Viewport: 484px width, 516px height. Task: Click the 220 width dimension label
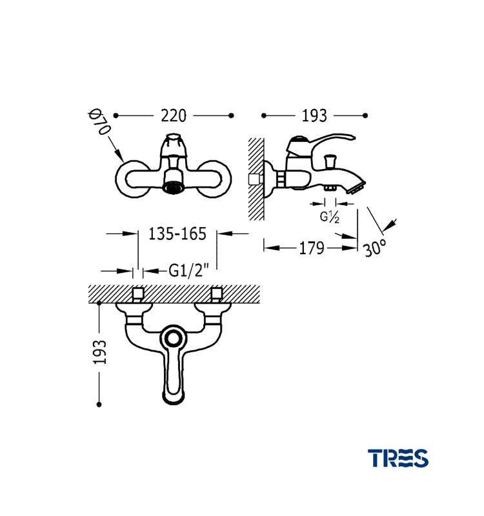(174, 116)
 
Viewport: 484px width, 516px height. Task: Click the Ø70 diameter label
(99, 122)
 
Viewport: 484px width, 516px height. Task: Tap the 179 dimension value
(312, 248)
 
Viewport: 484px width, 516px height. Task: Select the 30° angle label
(375, 248)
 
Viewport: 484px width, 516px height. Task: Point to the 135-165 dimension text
(177, 234)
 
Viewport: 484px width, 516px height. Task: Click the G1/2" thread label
(189, 271)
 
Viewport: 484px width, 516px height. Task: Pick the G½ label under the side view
(329, 217)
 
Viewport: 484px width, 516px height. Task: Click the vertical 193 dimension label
(100, 352)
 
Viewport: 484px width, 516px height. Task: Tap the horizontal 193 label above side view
(314, 116)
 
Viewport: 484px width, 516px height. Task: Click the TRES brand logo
(398, 458)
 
